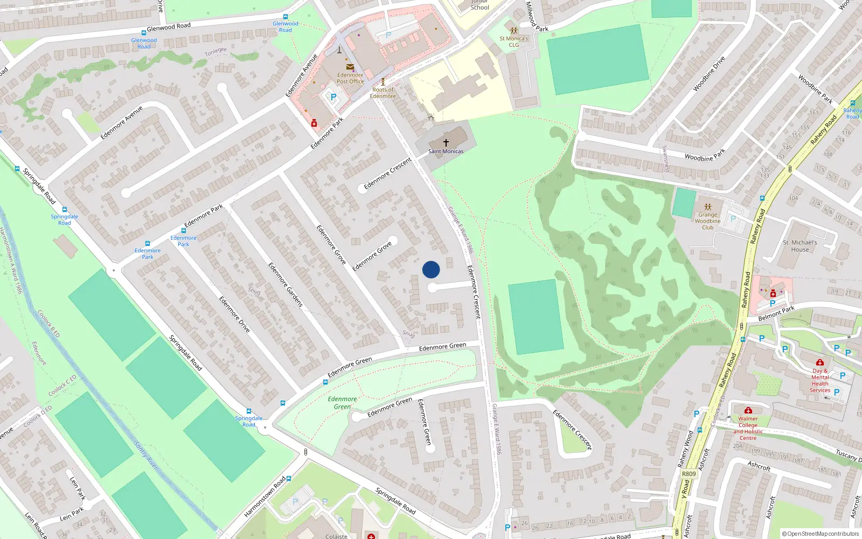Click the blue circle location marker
pos(431,269)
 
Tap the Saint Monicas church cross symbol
pos(446,143)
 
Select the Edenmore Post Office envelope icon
pos(350,67)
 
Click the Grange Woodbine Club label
pos(707,221)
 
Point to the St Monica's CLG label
pos(513,42)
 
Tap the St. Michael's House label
pos(800,246)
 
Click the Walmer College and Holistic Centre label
pos(748,428)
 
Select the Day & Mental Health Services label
pos(820,381)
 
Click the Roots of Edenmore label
pos(383,93)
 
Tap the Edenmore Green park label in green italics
pos(342,403)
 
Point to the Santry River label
pos(145,455)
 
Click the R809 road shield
pos(689,474)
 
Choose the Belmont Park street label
pos(776,313)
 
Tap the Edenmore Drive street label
pos(234,314)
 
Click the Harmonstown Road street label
pos(265,497)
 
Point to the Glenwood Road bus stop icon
pos(286,17)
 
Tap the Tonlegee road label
pos(215,52)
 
